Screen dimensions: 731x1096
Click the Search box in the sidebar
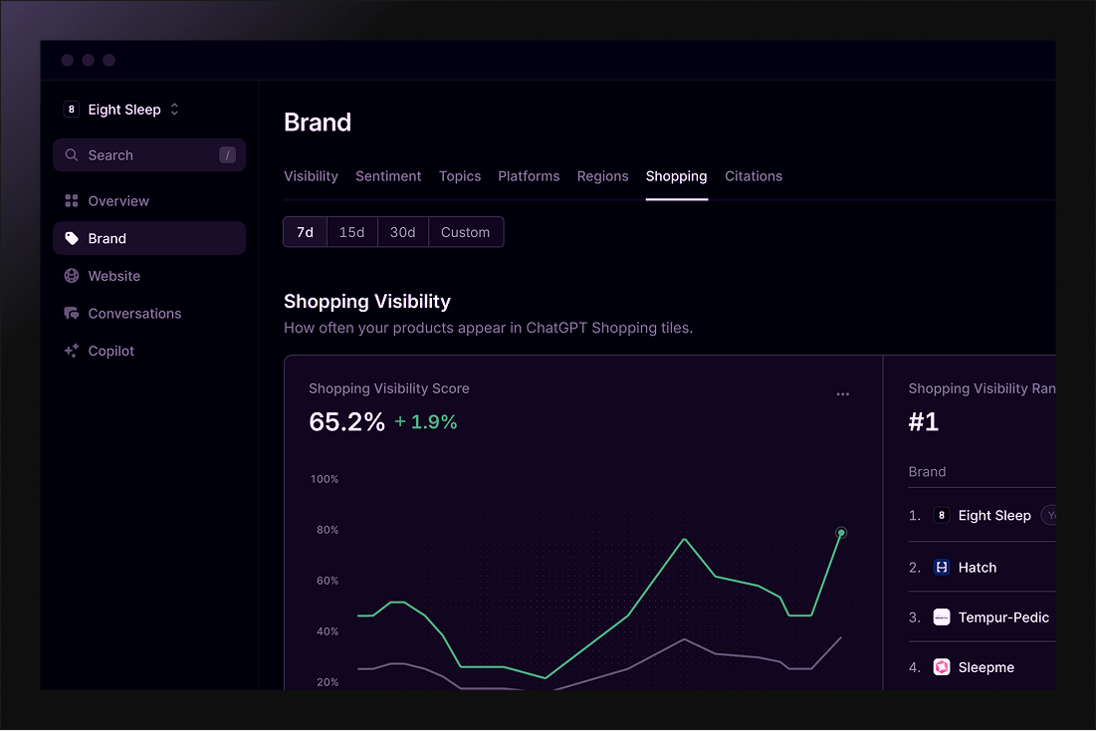[149, 155]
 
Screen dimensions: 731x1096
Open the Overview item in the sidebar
[117, 201]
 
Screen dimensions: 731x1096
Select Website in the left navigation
[113, 276]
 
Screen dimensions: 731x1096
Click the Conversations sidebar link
[134, 314]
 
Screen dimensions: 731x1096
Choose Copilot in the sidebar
[110, 351]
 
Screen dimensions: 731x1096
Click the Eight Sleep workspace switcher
[122, 110]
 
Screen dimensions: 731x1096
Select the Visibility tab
[311, 176]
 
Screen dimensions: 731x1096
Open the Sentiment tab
[388, 176]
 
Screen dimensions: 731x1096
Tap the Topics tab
[460, 176]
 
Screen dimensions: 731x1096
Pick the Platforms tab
[529, 176]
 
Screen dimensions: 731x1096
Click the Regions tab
[602, 176]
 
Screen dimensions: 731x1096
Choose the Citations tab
[754, 176]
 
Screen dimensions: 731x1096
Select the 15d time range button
[351, 232]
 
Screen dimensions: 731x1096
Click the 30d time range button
[402, 232]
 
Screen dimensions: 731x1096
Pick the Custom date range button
[465, 232]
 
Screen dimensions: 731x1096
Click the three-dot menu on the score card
[843, 394]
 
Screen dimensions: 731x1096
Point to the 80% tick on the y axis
[328, 530]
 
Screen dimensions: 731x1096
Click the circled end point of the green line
[841, 533]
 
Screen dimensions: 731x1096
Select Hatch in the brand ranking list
[977, 568]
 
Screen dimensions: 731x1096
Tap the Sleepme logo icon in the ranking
[942, 667]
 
